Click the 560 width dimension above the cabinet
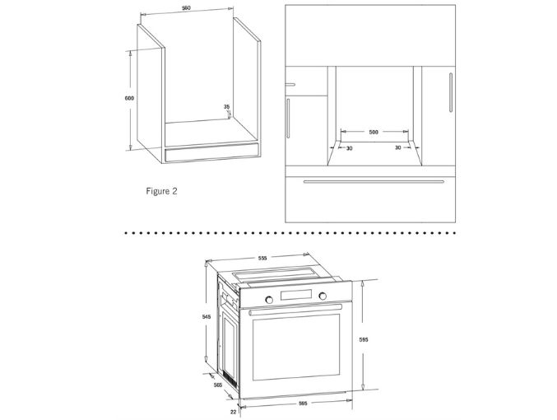(x=186, y=8)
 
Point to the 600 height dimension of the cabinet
(x=129, y=98)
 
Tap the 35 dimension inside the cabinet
(x=226, y=107)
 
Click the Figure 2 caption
(x=161, y=191)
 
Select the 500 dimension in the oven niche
(x=374, y=133)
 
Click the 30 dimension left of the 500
(x=349, y=148)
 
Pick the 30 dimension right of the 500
(x=398, y=147)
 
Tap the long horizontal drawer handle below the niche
(x=374, y=181)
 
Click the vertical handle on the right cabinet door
(x=451, y=92)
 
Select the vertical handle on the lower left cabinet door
(x=288, y=118)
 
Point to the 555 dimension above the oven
(x=262, y=259)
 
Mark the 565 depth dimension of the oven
(x=218, y=385)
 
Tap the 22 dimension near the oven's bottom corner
(x=233, y=412)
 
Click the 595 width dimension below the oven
(x=303, y=404)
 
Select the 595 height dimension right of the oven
(x=364, y=339)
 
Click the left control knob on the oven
(x=269, y=300)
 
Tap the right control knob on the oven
(x=323, y=296)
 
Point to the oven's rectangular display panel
(x=296, y=295)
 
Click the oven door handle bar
(x=295, y=310)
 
